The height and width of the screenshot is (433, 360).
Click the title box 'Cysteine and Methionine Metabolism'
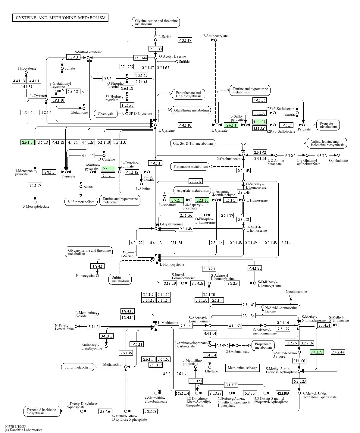point(60,18)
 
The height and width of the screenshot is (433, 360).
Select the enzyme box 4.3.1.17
point(185,40)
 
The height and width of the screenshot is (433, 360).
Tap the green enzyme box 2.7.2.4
point(177,200)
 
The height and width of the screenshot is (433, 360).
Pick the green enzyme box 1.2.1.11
point(202,200)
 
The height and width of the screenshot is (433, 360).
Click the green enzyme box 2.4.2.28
point(317,352)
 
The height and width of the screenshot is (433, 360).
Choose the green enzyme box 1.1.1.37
point(259,122)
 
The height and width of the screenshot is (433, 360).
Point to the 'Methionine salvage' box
point(242,368)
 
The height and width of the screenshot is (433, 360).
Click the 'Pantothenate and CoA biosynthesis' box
point(189,94)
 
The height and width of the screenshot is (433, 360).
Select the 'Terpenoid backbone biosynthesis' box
point(42,411)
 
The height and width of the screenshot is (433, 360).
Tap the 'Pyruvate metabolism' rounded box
point(328,125)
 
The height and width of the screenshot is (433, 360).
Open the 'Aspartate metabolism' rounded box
point(193,190)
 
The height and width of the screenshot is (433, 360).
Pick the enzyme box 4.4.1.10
point(185,125)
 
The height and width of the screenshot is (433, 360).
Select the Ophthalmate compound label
point(338,161)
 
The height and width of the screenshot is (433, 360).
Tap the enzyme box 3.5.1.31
point(94,326)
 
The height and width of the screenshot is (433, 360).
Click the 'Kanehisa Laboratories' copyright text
point(23,430)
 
